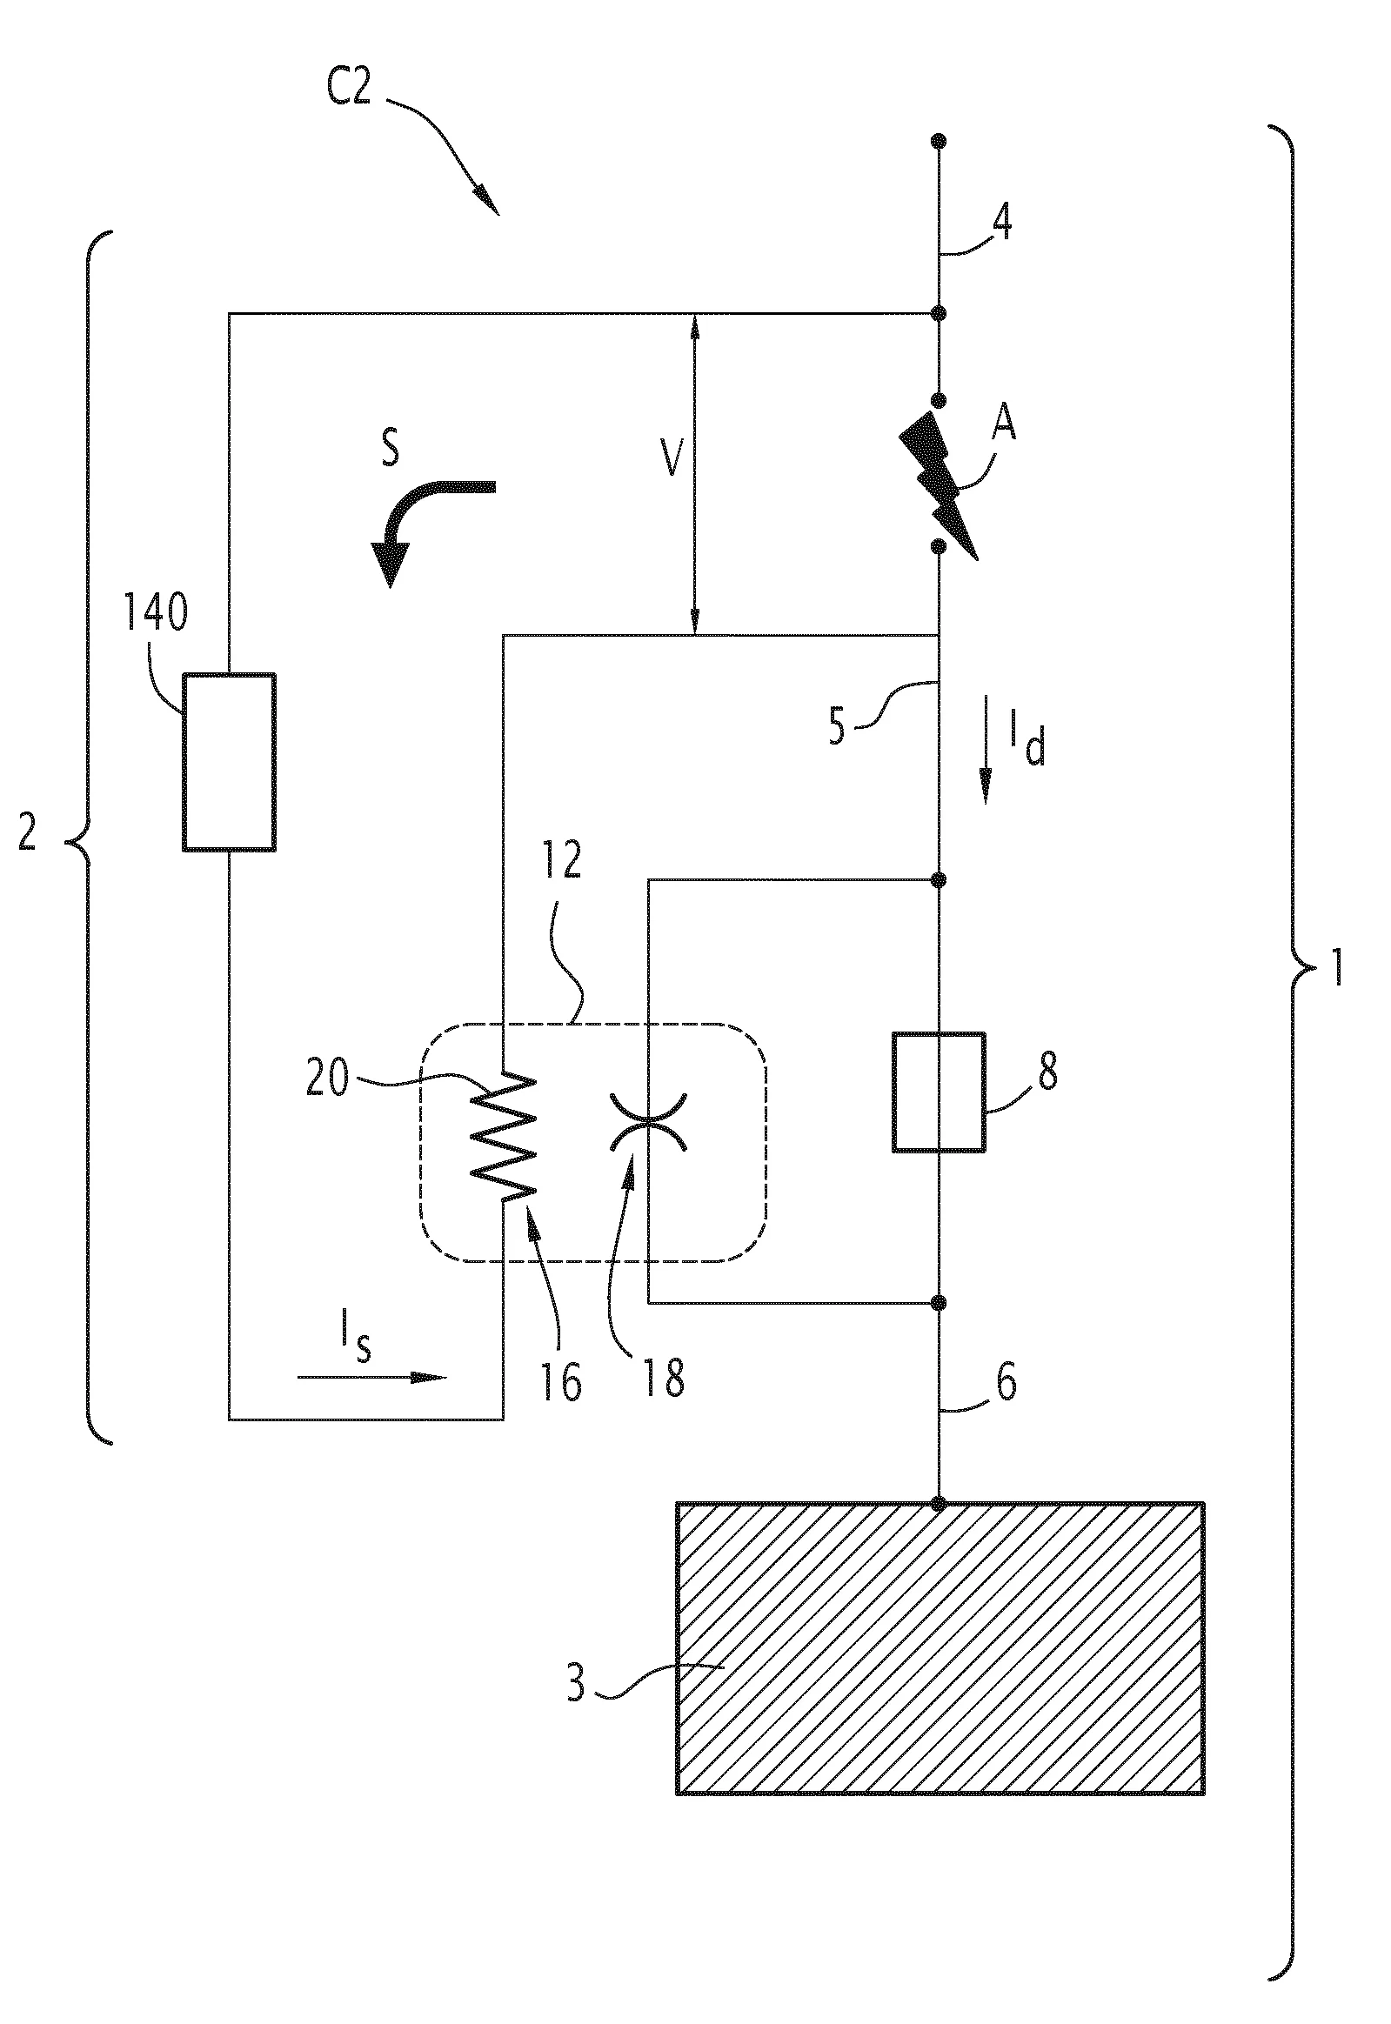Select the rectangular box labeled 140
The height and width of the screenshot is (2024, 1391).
pyautogui.click(x=229, y=761)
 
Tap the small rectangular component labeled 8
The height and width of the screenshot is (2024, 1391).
pyautogui.click(x=939, y=1092)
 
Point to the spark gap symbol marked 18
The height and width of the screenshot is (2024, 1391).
pyautogui.click(x=648, y=1122)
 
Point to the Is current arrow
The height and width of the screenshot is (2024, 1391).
pyautogui.click(x=371, y=1377)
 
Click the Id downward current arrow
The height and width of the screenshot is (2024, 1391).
pyautogui.click(x=986, y=747)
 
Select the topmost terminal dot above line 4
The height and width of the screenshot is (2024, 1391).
pyautogui.click(x=939, y=140)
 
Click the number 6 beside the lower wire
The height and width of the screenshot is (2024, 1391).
pyautogui.click(x=1006, y=1383)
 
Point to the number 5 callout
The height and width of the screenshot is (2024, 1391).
pyautogui.click(x=838, y=725)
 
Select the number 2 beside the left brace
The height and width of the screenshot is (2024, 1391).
pyautogui.click(x=28, y=835)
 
